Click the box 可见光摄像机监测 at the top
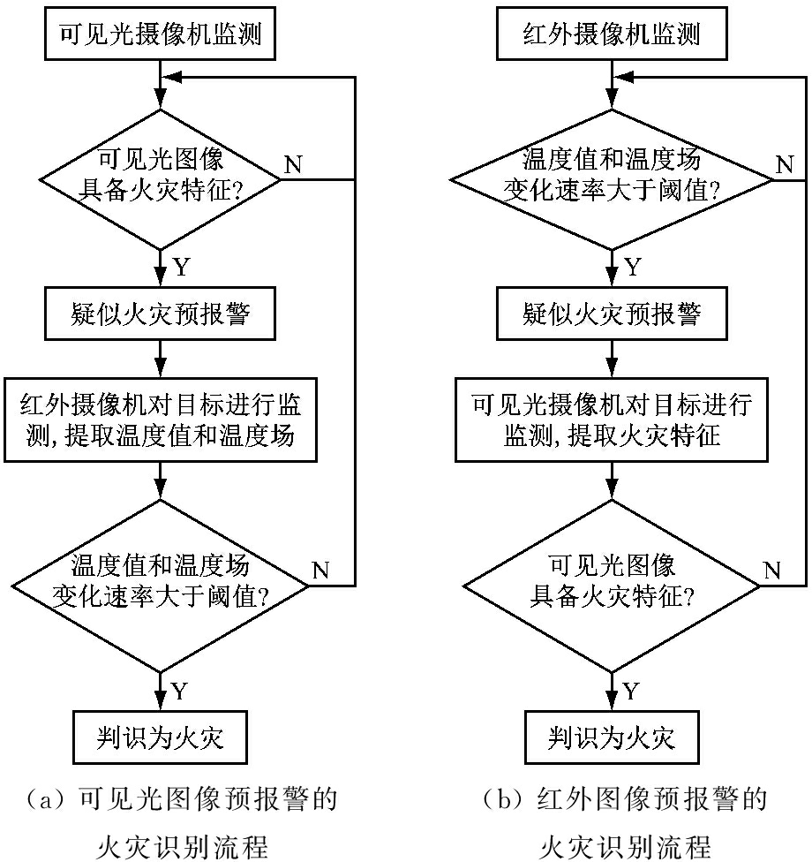click(161, 34)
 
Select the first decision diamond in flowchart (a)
click(160, 179)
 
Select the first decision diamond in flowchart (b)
click(612, 179)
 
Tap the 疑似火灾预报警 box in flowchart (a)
click(160, 314)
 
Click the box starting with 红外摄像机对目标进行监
click(160, 420)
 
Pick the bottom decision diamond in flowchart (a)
click(160, 586)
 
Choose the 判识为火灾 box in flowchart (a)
click(160, 736)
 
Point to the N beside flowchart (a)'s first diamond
click(294, 163)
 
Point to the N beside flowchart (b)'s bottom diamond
click(771, 569)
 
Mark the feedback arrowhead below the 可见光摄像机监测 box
click(173, 78)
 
